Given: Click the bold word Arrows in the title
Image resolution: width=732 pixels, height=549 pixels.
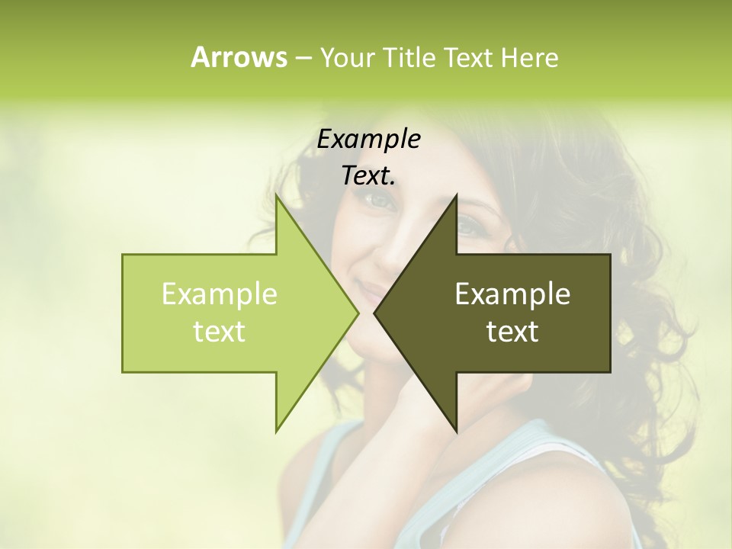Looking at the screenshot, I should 239,57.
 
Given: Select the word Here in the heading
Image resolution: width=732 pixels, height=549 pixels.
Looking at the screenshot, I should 529,58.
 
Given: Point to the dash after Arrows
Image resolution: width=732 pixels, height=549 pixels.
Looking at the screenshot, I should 303,58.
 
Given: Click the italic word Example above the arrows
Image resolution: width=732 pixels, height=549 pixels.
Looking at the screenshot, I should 368,140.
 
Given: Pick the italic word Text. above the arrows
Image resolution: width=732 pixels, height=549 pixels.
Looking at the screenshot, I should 368,175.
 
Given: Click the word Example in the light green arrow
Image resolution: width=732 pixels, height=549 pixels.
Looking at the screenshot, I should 220,294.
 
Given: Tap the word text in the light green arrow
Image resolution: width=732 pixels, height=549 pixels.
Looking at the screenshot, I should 220,332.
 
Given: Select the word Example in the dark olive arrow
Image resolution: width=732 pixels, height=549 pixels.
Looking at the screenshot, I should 512,294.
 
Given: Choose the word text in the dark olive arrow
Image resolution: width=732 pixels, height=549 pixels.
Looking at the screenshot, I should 512,332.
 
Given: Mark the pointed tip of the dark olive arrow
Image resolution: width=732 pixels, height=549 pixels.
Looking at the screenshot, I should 375,313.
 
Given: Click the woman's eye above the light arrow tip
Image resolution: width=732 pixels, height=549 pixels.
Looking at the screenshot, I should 379,200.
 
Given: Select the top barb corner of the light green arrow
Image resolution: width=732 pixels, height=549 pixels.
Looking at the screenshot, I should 276,197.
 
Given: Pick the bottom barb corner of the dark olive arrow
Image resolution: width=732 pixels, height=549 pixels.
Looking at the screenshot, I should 456,431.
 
